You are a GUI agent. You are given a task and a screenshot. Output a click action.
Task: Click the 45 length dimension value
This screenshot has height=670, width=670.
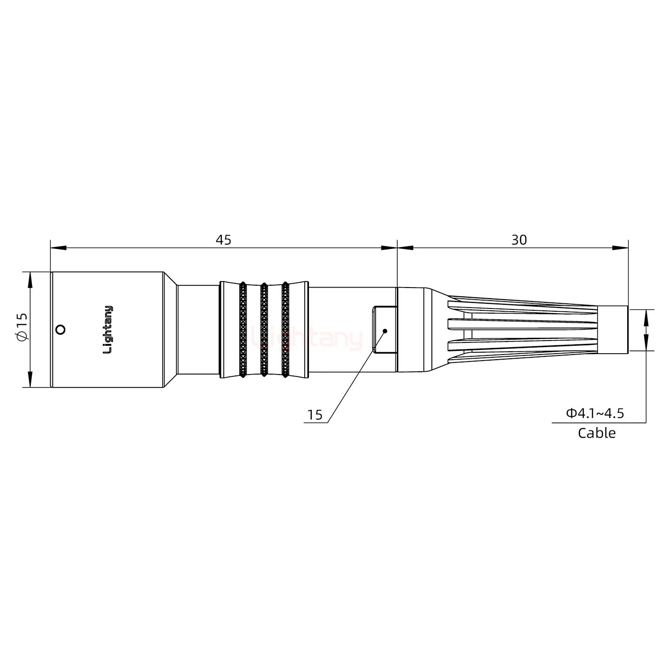point(223,240)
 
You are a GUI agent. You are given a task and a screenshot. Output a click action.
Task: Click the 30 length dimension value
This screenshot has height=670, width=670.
point(519,240)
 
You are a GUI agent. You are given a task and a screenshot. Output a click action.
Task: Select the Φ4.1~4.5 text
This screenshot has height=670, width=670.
point(595,413)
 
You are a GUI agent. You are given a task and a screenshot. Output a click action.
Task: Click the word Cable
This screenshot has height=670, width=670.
point(596,433)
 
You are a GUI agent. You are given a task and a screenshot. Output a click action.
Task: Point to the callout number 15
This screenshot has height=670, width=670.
point(315,415)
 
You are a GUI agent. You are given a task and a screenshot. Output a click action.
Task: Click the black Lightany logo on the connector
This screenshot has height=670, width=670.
point(107,329)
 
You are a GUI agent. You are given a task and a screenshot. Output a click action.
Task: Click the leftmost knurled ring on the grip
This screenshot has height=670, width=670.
point(243,329)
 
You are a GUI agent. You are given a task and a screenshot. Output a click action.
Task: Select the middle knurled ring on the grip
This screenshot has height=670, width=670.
point(264,329)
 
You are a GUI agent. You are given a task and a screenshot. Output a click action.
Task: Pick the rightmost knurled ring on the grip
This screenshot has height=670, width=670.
point(285,329)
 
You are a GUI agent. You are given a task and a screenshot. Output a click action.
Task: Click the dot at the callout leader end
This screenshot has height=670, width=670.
point(385,331)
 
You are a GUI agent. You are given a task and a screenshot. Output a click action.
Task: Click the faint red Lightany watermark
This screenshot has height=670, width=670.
point(307,339)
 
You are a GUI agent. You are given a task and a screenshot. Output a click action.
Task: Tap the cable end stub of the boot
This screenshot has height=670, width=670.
point(612,330)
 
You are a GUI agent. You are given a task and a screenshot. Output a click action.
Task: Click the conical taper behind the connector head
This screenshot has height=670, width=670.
point(170,329)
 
